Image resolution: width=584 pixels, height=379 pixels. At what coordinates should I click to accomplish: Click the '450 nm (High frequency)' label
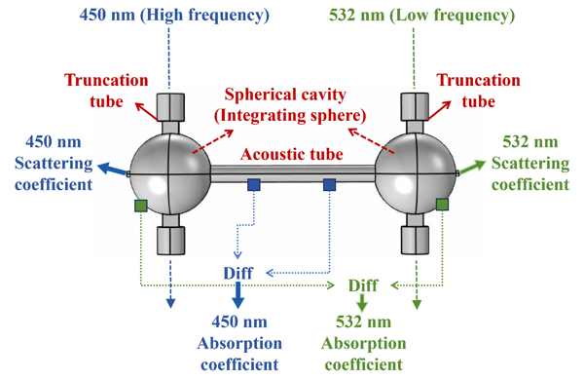click(174, 16)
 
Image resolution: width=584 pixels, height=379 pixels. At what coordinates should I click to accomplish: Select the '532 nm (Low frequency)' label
click(422, 16)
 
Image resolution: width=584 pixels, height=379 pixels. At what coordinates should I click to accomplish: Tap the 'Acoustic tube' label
click(292, 154)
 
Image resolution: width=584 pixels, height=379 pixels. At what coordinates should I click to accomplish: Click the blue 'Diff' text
click(238, 273)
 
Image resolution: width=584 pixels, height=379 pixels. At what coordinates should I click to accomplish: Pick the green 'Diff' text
click(363, 285)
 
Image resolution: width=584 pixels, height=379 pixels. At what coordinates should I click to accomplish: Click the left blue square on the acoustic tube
click(254, 184)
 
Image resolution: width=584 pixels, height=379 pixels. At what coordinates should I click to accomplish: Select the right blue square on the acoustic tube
click(329, 184)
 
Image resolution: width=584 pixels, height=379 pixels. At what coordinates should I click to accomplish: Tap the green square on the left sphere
click(141, 206)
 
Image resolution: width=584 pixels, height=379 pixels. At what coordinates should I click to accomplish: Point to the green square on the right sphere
click(442, 205)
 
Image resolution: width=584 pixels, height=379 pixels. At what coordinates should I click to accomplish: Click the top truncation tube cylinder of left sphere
click(170, 107)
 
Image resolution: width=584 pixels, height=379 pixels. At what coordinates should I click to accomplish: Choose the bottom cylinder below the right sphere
click(415, 241)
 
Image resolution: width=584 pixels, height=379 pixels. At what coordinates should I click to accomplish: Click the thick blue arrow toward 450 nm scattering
click(113, 170)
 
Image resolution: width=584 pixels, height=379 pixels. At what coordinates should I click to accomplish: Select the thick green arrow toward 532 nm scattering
click(472, 167)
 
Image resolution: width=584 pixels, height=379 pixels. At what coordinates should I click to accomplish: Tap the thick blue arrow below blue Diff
click(238, 295)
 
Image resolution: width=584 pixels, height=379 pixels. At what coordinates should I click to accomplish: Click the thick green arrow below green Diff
click(362, 303)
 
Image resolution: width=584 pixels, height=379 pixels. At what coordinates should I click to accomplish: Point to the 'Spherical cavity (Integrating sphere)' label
click(290, 105)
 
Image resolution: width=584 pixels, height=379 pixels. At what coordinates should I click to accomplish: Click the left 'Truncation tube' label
click(106, 91)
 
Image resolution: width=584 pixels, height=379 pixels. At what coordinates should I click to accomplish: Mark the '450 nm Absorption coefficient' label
click(239, 343)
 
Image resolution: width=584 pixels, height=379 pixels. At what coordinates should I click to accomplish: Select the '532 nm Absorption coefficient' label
click(363, 343)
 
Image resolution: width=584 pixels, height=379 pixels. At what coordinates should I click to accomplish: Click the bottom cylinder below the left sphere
click(170, 241)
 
